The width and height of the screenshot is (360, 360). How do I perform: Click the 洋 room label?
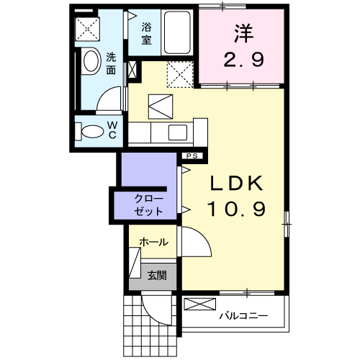click(241, 32)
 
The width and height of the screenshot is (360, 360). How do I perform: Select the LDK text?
click(238, 184)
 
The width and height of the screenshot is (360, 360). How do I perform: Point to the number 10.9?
click(238, 210)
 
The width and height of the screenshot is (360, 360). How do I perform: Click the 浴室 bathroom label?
click(146, 34)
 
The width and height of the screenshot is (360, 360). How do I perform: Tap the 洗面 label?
click(112, 63)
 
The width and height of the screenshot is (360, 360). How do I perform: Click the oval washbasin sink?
click(91, 61)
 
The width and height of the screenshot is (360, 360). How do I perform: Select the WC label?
click(113, 131)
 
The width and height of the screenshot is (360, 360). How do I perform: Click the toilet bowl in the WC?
click(91, 132)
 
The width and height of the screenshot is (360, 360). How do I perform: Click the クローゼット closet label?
click(149, 205)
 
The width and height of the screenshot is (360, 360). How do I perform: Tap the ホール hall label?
click(154, 242)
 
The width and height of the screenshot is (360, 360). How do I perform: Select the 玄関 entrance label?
click(157, 274)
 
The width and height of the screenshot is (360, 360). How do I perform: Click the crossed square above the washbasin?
click(90, 29)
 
